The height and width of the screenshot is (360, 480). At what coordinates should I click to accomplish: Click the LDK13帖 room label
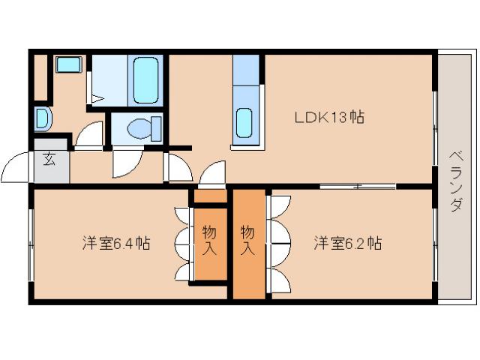pyautogui.click(x=329, y=117)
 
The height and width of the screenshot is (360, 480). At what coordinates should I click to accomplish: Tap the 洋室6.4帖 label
pyautogui.click(x=116, y=243)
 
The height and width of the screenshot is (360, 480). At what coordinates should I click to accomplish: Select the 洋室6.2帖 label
pyautogui.click(x=347, y=243)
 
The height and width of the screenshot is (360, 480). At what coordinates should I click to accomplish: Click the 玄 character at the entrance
pyautogui.click(x=49, y=160)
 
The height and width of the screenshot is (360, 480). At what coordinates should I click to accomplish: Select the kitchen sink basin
pyautogui.click(x=244, y=122)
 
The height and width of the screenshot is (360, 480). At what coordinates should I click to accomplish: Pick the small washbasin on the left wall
pyautogui.click(x=42, y=118)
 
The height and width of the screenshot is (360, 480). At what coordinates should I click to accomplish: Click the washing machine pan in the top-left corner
pyautogui.click(x=68, y=64)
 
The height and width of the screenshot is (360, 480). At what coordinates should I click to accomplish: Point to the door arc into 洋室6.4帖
pyautogui.click(x=212, y=175)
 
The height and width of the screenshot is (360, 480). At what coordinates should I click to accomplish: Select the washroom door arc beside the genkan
pyautogui.click(x=90, y=135)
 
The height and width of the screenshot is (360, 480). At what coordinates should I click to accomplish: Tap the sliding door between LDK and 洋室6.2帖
pyautogui.click(x=357, y=185)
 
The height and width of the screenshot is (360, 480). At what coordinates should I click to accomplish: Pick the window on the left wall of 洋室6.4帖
pyautogui.click(x=31, y=244)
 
